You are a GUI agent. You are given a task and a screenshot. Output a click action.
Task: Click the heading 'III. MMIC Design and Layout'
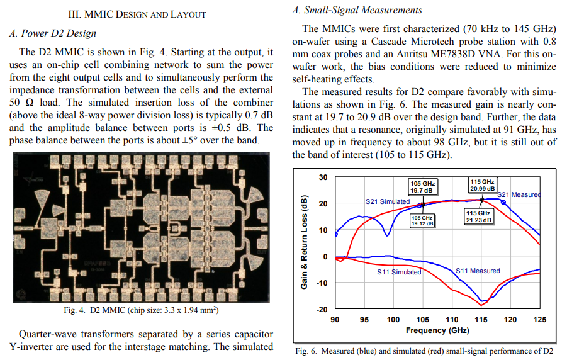137,14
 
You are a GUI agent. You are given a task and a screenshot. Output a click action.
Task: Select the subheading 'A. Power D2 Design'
53,33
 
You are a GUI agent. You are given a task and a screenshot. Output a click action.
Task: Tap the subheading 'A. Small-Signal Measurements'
357,10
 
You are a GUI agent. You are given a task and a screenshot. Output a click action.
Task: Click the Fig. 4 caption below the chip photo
142,310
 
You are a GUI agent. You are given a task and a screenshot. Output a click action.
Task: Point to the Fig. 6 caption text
424,351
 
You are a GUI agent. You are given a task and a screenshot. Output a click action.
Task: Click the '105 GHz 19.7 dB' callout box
422,187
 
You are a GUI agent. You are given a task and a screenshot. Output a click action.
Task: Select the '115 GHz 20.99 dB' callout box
483,185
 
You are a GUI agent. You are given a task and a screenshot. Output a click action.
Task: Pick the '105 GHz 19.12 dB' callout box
422,221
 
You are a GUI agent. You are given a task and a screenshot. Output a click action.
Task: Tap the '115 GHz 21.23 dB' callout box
478,217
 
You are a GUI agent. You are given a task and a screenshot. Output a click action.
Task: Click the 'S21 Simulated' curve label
388,201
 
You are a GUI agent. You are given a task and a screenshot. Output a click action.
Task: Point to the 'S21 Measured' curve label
519,194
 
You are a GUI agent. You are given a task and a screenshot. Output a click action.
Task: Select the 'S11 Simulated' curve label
399,272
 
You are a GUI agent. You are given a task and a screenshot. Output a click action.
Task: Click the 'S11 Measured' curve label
478,271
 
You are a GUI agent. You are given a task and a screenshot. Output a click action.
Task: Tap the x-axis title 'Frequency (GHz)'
437,330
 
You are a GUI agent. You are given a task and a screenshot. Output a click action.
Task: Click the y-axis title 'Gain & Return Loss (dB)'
304,242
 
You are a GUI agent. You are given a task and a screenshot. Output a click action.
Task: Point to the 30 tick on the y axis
323,177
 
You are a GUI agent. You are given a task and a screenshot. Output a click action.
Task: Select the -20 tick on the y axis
322,310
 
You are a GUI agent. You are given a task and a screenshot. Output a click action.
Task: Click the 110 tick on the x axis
452,320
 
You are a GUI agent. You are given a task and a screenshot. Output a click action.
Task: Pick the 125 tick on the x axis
539,320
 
